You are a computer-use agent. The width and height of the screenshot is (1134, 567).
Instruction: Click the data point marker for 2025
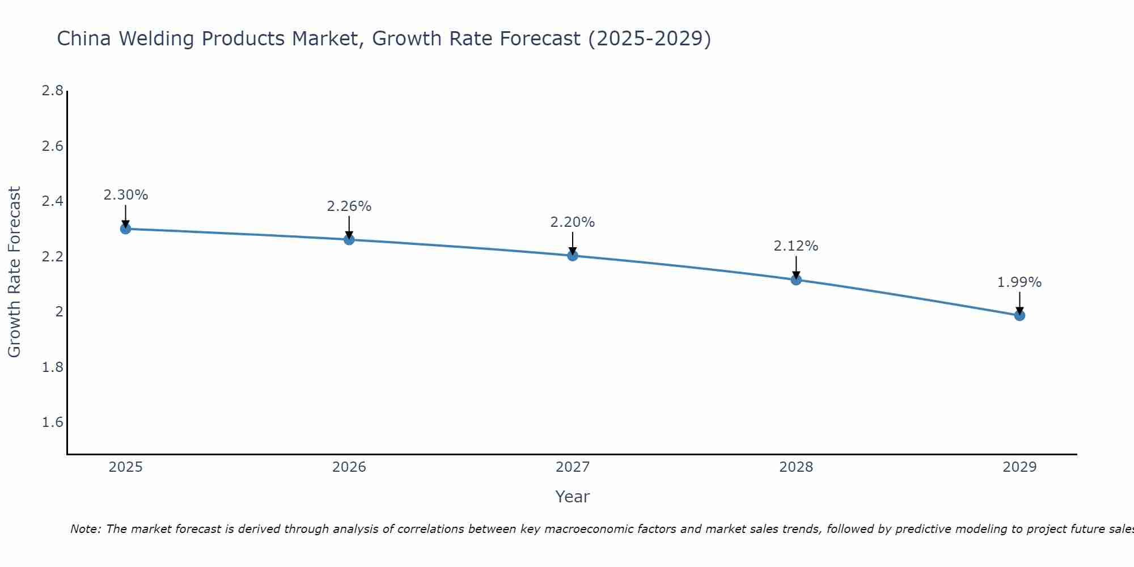[125, 229]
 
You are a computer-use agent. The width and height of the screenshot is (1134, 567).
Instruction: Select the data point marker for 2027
[573, 256]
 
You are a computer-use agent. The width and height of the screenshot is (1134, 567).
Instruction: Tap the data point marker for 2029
[1019, 315]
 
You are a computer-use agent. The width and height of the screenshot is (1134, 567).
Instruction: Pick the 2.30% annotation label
[125, 195]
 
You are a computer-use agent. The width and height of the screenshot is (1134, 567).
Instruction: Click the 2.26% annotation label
[349, 206]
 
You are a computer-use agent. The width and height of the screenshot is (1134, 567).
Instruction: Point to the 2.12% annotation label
[796, 246]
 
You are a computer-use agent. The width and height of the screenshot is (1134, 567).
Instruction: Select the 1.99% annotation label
[1019, 282]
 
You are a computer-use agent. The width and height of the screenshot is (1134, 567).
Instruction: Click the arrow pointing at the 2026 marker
[349, 227]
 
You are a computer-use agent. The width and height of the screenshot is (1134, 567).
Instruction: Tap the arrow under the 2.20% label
[573, 243]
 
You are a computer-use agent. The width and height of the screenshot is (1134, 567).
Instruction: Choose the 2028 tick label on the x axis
[796, 467]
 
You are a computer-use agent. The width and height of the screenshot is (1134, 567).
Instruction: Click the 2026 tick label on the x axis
[349, 467]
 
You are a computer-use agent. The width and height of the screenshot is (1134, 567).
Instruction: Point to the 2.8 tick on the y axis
[52, 91]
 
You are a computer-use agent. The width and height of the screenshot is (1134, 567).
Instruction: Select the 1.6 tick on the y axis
[52, 422]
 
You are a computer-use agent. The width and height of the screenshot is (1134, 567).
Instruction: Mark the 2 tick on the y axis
[58, 312]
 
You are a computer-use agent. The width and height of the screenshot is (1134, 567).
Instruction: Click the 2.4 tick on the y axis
[52, 201]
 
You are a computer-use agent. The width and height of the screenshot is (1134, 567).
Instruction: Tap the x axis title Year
[573, 497]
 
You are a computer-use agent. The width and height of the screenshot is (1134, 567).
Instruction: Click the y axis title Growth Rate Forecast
[15, 272]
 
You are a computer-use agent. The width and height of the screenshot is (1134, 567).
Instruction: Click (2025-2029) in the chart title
[649, 39]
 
